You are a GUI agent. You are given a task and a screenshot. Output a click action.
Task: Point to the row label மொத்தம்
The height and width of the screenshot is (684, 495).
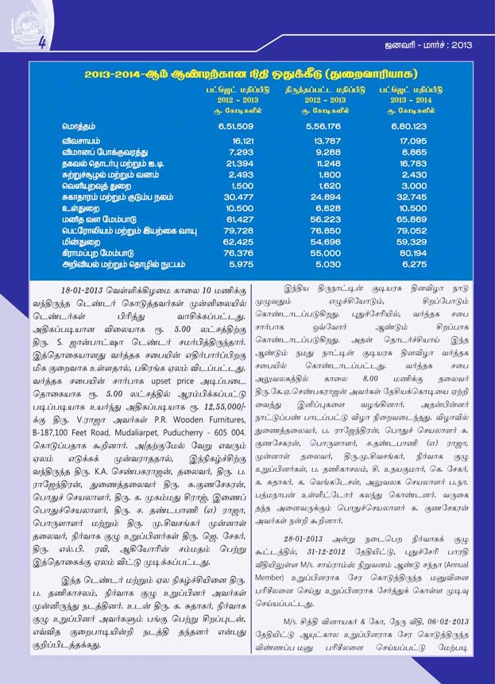click(81, 126)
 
